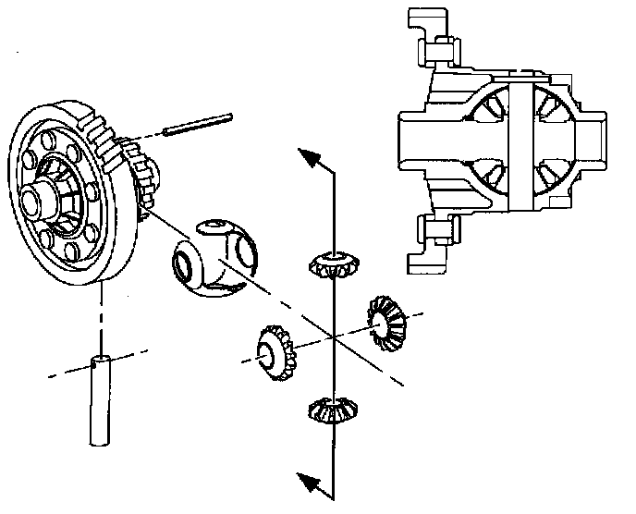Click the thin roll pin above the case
pos(199,123)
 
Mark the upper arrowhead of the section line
pos(318,159)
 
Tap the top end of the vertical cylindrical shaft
pos(100,361)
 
